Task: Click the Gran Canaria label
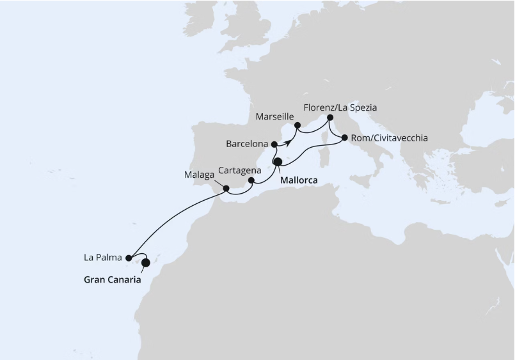(113, 279)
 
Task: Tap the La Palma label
(103, 258)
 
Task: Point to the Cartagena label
(239, 171)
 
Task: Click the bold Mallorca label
(299, 180)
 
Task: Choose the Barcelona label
(247, 144)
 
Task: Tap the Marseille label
(274, 118)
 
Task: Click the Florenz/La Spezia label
(340, 107)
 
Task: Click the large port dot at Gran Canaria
(145, 262)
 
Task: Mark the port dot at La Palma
(129, 258)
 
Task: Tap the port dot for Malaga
(226, 188)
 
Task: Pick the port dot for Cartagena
(251, 180)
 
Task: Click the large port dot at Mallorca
(278, 162)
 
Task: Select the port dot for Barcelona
(274, 144)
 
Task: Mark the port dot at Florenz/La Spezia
(330, 118)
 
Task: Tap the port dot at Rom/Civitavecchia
(345, 137)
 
